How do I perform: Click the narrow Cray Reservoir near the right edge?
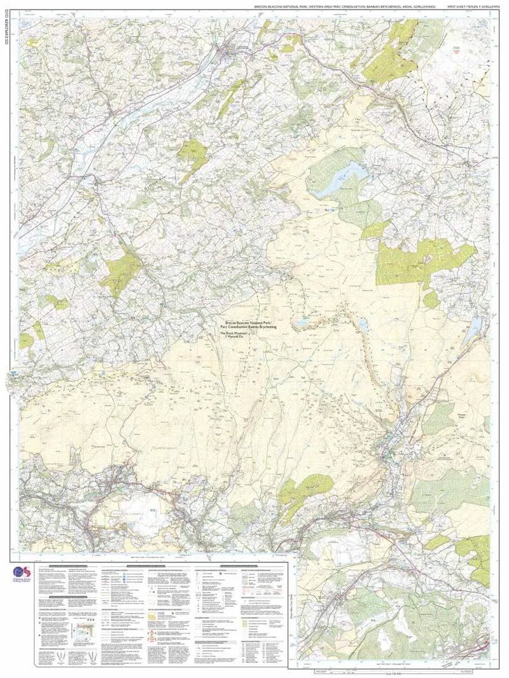474,327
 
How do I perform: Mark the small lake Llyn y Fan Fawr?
363,326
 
